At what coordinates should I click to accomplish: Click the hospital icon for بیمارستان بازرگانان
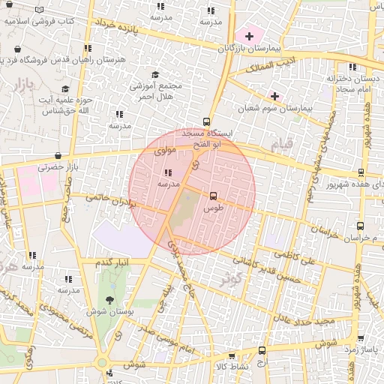pos(249,35)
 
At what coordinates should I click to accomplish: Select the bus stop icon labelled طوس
pos(214,194)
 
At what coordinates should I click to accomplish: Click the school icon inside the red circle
pos(166,172)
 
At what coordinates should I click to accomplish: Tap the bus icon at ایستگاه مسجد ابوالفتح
pos(207,121)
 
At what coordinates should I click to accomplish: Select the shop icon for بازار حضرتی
pos(58,156)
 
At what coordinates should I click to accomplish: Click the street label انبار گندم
pos(112,262)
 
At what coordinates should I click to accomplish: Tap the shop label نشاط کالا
pos(231,366)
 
